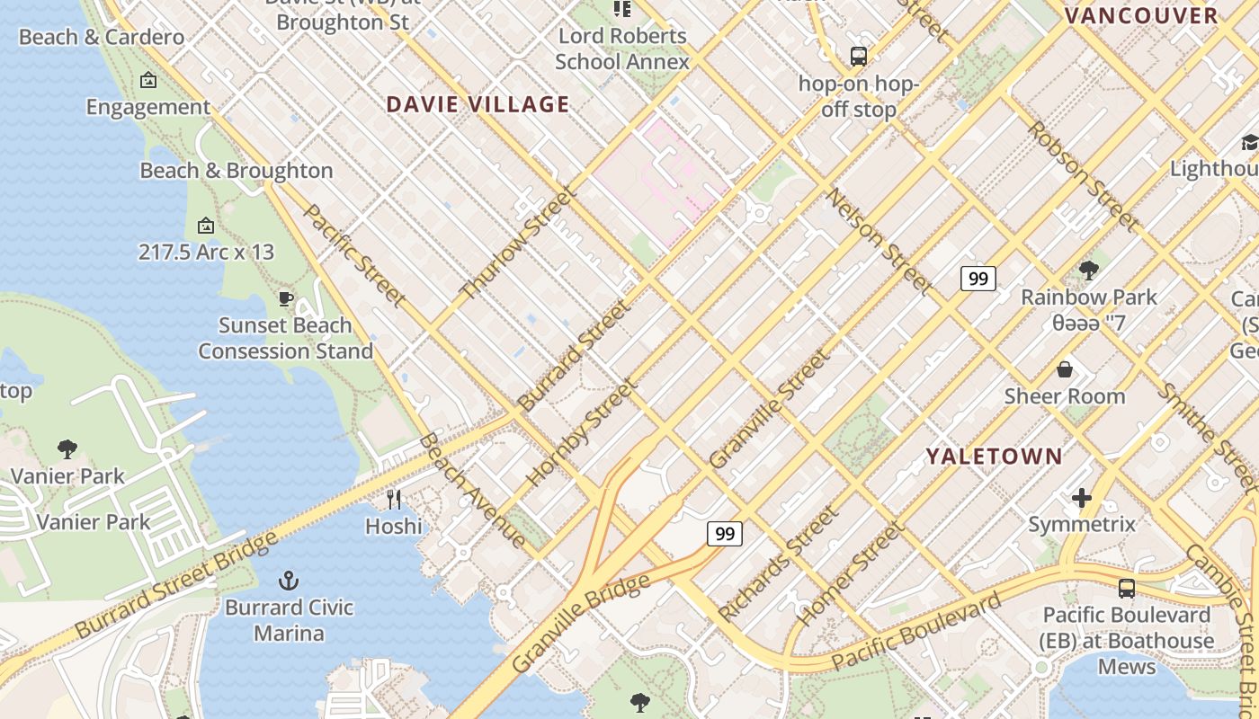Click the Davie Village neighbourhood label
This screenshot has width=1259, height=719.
coord(478,104)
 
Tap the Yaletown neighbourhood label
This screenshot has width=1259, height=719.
coord(995,456)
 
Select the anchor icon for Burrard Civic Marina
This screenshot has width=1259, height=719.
coord(289,580)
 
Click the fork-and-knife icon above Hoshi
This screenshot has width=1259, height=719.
coord(394,499)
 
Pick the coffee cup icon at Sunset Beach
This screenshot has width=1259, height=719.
coord(286,298)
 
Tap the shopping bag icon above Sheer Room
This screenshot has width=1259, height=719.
coord(1065,369)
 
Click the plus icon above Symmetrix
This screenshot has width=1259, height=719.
coord(1082,497)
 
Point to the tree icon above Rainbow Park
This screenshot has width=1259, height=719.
coord(1089,270)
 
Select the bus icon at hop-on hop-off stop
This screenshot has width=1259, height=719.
coord(859,57)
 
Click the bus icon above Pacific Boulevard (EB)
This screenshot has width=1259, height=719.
coord(1126,589)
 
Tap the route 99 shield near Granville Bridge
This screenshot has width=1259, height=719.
coord(724,534)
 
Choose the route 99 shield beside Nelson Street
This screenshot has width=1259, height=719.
coord(978,279)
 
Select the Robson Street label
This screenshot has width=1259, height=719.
coord(1083,176)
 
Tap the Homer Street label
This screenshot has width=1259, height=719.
coord(849,573)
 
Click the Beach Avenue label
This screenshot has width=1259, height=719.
coord(472,490)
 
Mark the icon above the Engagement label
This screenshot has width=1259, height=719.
coord(148,81)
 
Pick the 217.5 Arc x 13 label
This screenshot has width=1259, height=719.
coord(206,252)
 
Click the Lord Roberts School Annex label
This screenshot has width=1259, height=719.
coord(622,49)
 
